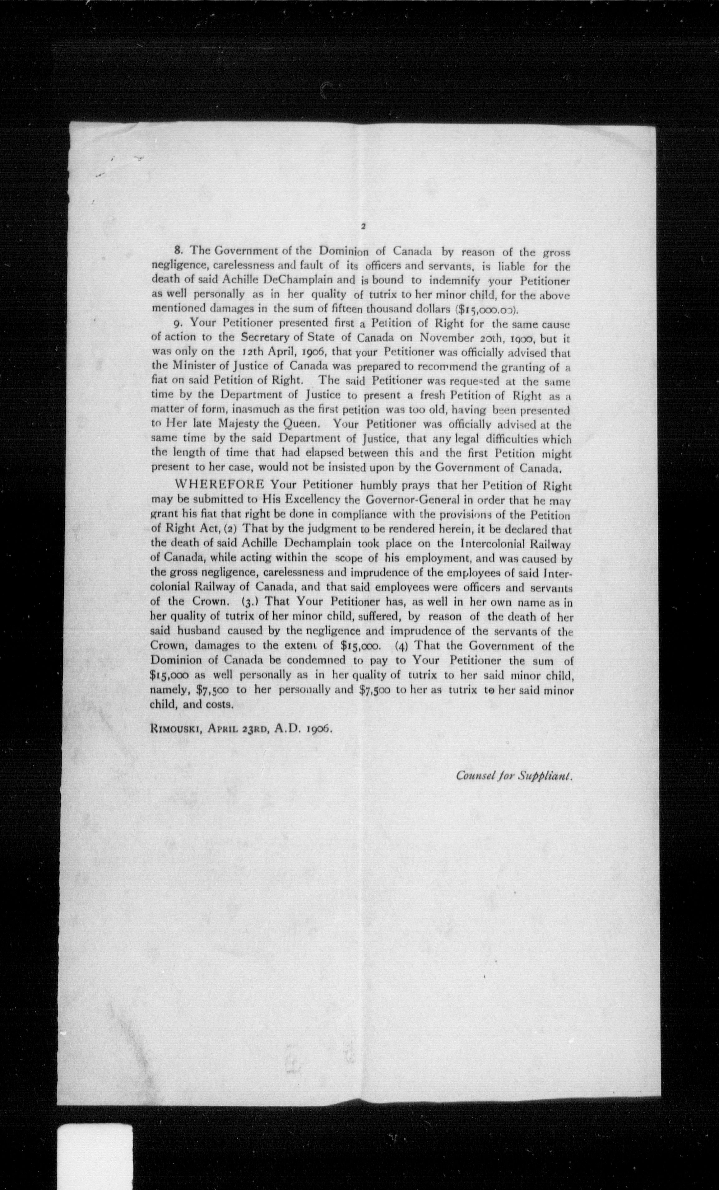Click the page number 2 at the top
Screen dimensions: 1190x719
click(x=363, y=226)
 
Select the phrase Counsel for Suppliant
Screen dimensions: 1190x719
click(x=514, y=776)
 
